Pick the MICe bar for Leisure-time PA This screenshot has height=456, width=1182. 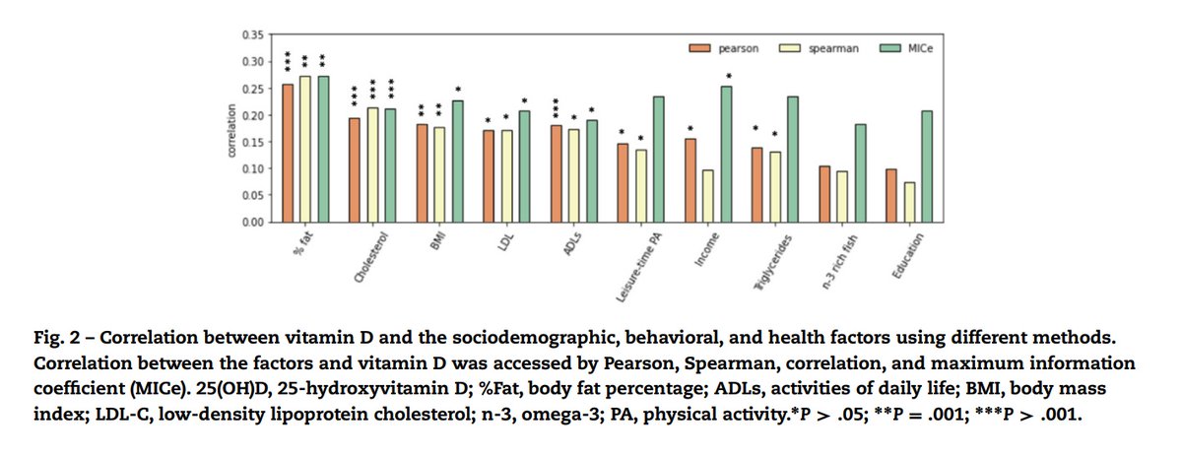658,160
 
